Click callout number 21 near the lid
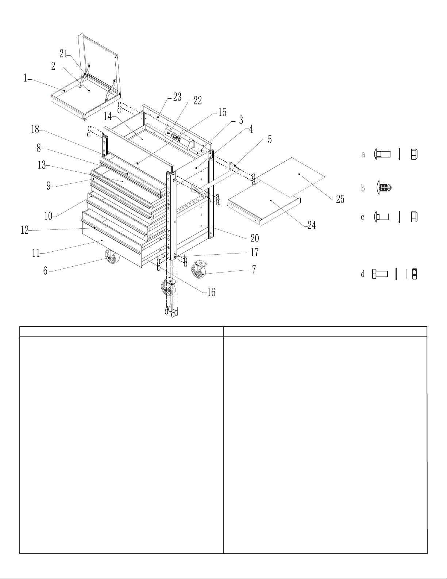(x=63, y=54)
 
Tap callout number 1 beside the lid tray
(x=26, y=78)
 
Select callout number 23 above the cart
(x=177, y=97)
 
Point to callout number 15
(x=222, y=112)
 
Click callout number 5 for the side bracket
(x=270, y=139)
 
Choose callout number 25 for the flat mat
(x=340, y=199)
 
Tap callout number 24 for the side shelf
(x=312, y=225)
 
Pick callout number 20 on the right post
(x=255, y=238)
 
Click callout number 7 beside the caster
(x=254, y=269)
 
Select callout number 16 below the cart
(x=211, y=292)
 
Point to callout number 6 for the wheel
(x=46, y=271)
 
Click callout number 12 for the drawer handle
(x=24, y=230)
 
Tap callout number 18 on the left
(x=35, y=129)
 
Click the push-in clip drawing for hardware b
(x=385, y=187)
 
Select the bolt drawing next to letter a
(x=382, y=154)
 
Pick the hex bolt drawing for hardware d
(x=380, y=274)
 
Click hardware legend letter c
(x=362, y=217)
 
